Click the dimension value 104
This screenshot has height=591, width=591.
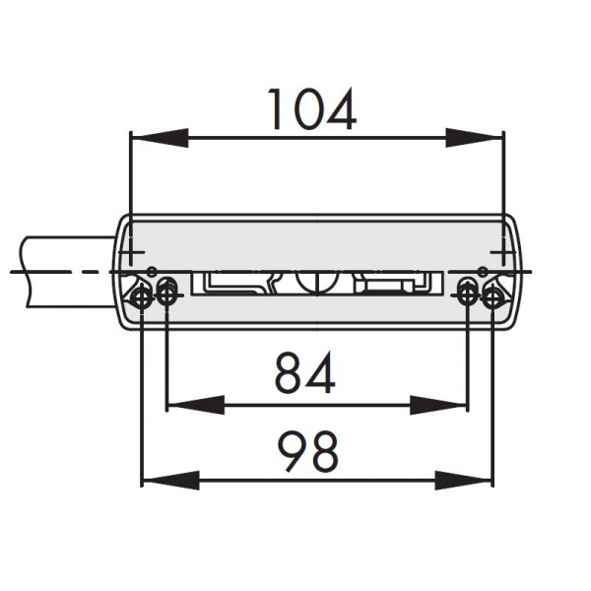click(x=313, y=109)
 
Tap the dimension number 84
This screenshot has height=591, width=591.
click(x=305, y=372)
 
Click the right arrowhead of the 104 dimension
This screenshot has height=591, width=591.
click(x=474, y=138)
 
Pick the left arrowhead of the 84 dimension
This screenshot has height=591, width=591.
click(x=196, y=405)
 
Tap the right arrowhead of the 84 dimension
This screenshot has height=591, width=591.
click(x=438, y=405)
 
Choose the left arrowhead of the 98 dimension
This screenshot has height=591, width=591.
click(x=170, y=481)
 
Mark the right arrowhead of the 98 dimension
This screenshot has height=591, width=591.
click(x=463, y=481)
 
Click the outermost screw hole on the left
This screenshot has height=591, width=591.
click(x=141, y=298)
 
